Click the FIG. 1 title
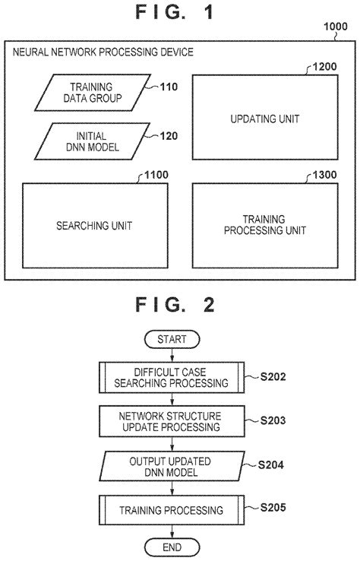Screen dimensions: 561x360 point(175,13)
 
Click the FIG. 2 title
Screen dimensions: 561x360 point(175,305)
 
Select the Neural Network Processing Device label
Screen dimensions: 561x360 point(103,52)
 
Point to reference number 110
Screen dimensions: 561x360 point(169,87)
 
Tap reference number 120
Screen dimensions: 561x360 point(169,137)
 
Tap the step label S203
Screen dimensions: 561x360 point(272,419)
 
